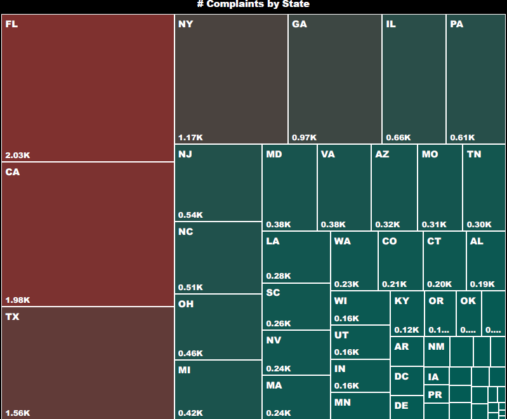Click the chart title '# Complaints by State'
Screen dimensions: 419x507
tap(253, 4)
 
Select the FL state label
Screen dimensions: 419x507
tap(11, 25)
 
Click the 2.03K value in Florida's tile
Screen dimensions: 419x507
tap(18, 155)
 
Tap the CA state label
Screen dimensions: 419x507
tap(12, 172)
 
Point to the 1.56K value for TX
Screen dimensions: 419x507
tap(18, 413)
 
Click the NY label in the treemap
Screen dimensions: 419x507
tap(185, 24)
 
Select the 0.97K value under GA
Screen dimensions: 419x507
tap(304, 137)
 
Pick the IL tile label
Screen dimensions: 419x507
tap(391, 24)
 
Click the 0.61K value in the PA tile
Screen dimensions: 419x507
tap(462, 137)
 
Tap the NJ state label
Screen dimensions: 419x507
tap(185, 154)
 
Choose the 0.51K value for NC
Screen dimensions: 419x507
tap(190, 287)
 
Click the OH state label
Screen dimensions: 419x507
tap(186, 304)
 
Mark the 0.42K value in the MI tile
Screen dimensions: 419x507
tap(190, 413)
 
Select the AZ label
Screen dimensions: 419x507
tap(382, 154)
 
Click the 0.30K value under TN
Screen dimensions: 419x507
tap(479, 224)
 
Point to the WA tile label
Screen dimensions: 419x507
tap(342, 241)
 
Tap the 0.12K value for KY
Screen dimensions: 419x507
tap(407, 329)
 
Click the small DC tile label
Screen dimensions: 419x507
tap(401, 376)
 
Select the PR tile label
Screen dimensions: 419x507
tap(435, 394)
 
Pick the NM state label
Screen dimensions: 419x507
tap(436, 347)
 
